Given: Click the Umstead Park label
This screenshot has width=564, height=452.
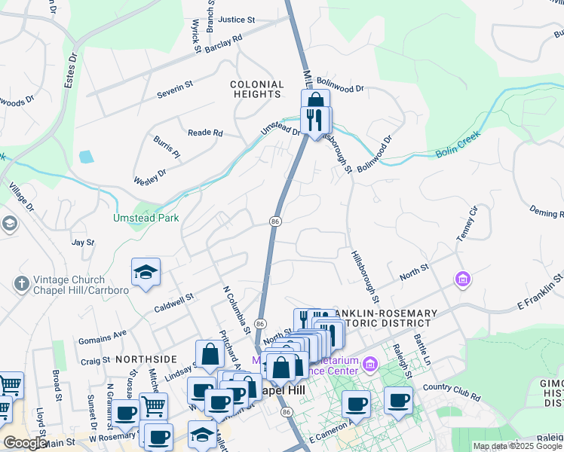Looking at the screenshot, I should (145, 218).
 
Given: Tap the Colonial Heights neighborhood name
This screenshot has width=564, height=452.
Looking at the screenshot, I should (257, 90).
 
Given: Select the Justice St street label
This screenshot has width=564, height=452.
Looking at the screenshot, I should (237, 20).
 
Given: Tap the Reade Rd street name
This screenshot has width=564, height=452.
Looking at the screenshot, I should (206, 133).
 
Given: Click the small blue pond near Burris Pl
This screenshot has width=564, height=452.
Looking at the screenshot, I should (86, 157).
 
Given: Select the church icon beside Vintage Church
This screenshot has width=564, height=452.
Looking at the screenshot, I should (20, 283).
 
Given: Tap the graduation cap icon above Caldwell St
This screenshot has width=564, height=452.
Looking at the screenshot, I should (146, 271).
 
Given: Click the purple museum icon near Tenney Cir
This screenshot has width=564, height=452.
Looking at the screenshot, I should (462, 280).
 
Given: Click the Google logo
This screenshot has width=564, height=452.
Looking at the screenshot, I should (26, 443).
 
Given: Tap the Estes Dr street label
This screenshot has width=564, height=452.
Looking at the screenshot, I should (71, 68).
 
